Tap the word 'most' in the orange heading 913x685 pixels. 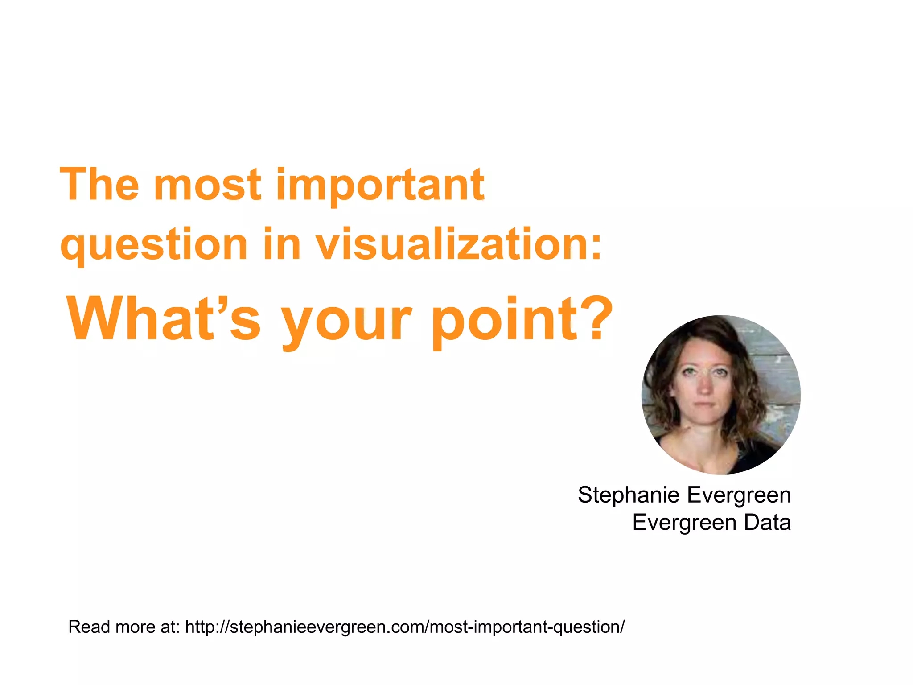(x=208, y=185)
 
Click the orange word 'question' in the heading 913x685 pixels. (x=154, y=245)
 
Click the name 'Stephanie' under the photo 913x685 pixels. (x=629, y=495)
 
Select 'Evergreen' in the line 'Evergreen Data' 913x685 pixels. (x=684, y=522)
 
